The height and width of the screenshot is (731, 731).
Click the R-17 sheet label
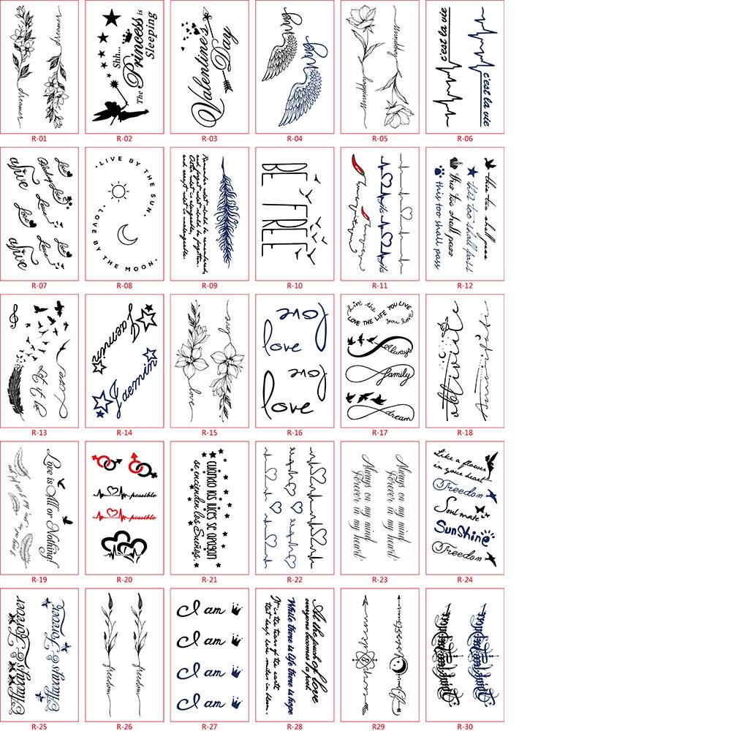click(380, 432)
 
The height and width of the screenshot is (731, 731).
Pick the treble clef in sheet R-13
click(14, 317)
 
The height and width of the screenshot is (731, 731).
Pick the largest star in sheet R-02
click(112, 18)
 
